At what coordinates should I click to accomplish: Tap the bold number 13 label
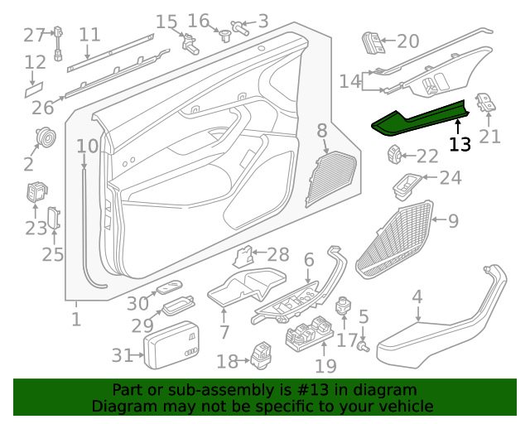pos(460,145)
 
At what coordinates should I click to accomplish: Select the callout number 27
pos(34,36)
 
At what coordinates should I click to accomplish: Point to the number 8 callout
pos(321,130)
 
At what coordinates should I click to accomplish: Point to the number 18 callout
pos(227,361)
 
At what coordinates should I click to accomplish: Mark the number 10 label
pos(87,147)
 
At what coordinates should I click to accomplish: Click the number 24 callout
pos(450,178)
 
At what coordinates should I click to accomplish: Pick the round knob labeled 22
pos(397,154)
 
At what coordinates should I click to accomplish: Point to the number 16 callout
pos(199,21)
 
